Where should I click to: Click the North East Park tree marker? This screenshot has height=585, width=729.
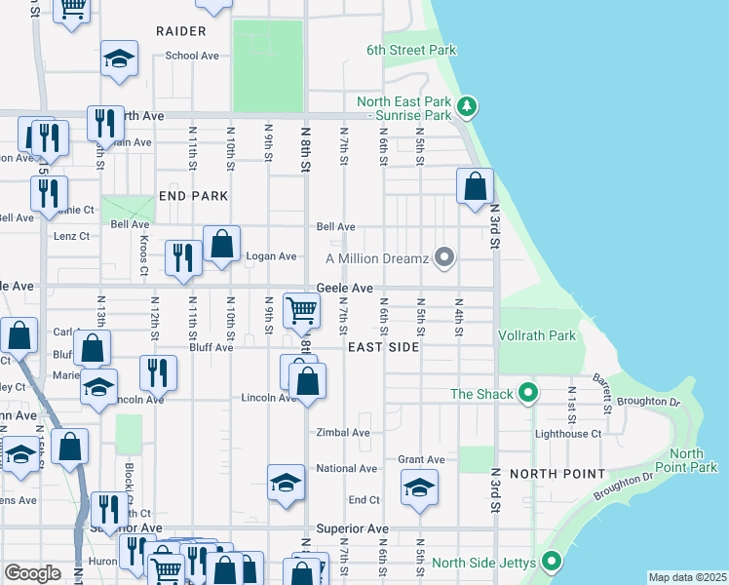468,105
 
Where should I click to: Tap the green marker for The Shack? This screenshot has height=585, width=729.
528,394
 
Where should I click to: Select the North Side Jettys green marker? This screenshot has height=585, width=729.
552,562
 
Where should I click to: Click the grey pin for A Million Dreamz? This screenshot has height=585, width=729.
445,258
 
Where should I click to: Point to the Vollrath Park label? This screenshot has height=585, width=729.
537,335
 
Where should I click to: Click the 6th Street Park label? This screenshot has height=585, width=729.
411,50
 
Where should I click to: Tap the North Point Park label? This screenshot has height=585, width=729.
693,460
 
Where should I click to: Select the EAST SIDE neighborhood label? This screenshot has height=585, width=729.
383,346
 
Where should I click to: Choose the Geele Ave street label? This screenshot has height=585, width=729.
344,289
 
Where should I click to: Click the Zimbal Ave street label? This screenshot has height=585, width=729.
343,432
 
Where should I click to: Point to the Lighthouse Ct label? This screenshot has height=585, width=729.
568,433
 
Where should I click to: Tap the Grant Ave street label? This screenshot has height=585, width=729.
421,459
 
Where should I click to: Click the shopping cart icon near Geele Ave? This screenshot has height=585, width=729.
302,311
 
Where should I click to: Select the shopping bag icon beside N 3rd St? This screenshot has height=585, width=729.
475,186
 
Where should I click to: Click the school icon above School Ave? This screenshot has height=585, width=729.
119,58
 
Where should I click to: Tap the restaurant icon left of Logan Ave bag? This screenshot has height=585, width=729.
182,257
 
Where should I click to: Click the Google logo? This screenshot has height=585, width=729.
32,573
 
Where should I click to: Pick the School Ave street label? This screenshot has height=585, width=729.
192,56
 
